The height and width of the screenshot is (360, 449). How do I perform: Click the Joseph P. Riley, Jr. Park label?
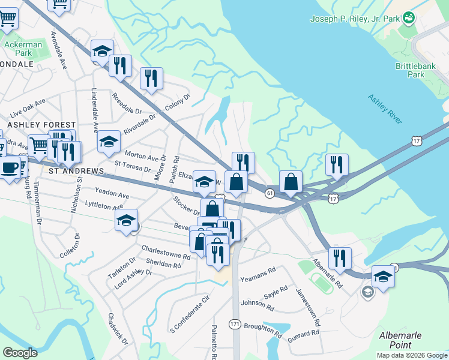coord(354,19)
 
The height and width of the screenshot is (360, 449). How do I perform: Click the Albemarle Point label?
coord(400,340)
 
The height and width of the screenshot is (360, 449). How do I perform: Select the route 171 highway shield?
coord(235,324)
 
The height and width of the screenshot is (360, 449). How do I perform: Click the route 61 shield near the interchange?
coord(270,193)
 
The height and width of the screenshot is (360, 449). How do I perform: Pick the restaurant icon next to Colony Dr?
coord(151,78)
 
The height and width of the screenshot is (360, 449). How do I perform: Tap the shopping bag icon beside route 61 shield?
coord(291,181)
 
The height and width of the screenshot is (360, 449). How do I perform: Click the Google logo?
coord(20,353)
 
